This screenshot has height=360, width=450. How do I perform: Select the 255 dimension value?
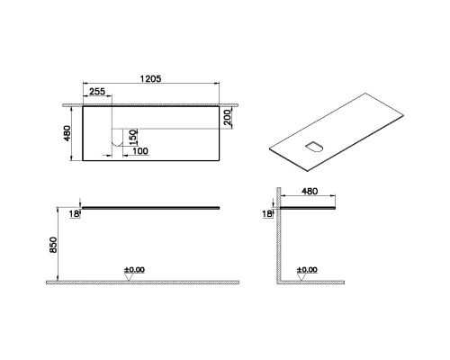click(97, 92)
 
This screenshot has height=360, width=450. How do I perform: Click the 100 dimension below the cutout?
click(139, 150)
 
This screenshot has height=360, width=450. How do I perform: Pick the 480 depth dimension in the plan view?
click(66, 132)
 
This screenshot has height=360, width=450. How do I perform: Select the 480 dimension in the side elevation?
click(310, 192)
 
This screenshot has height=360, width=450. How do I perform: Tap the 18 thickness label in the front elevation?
click(76, 212)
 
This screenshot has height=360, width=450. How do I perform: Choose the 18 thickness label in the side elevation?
click(267, 214)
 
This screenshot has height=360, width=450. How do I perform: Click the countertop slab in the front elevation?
click(148, 206)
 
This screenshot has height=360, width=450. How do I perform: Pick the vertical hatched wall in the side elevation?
click(278, 243)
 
